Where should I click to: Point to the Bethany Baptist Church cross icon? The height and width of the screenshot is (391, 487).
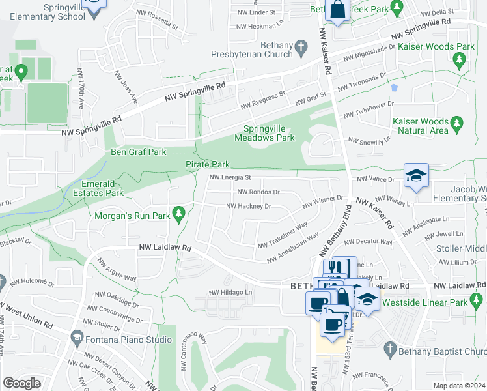(390, 347)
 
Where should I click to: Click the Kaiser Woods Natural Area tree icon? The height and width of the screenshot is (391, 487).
(458, 123)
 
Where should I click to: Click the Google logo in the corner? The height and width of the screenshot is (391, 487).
(21, 383)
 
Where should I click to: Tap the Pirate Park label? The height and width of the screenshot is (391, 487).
(208, 165)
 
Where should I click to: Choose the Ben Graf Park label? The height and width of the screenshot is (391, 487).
(139, 152)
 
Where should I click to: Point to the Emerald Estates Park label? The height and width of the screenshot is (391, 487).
(97, 188)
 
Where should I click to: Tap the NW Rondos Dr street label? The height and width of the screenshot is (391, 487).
(258, 192)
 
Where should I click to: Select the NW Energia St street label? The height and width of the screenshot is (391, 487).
(230, 177)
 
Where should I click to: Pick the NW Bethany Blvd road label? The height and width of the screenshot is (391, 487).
(335, 232)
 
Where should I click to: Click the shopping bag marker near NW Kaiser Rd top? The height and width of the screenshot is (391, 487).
(339, 11)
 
